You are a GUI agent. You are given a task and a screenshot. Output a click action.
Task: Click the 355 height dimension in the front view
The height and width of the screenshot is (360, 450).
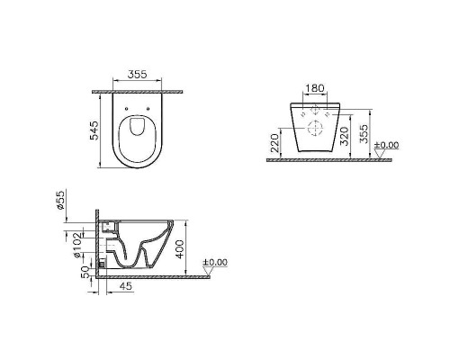tap(370, 131)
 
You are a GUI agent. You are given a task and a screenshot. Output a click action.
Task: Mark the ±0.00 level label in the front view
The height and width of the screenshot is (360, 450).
tap(389, 144)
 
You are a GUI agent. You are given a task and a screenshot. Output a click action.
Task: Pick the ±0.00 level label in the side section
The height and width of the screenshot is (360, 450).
tap(216, 263)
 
